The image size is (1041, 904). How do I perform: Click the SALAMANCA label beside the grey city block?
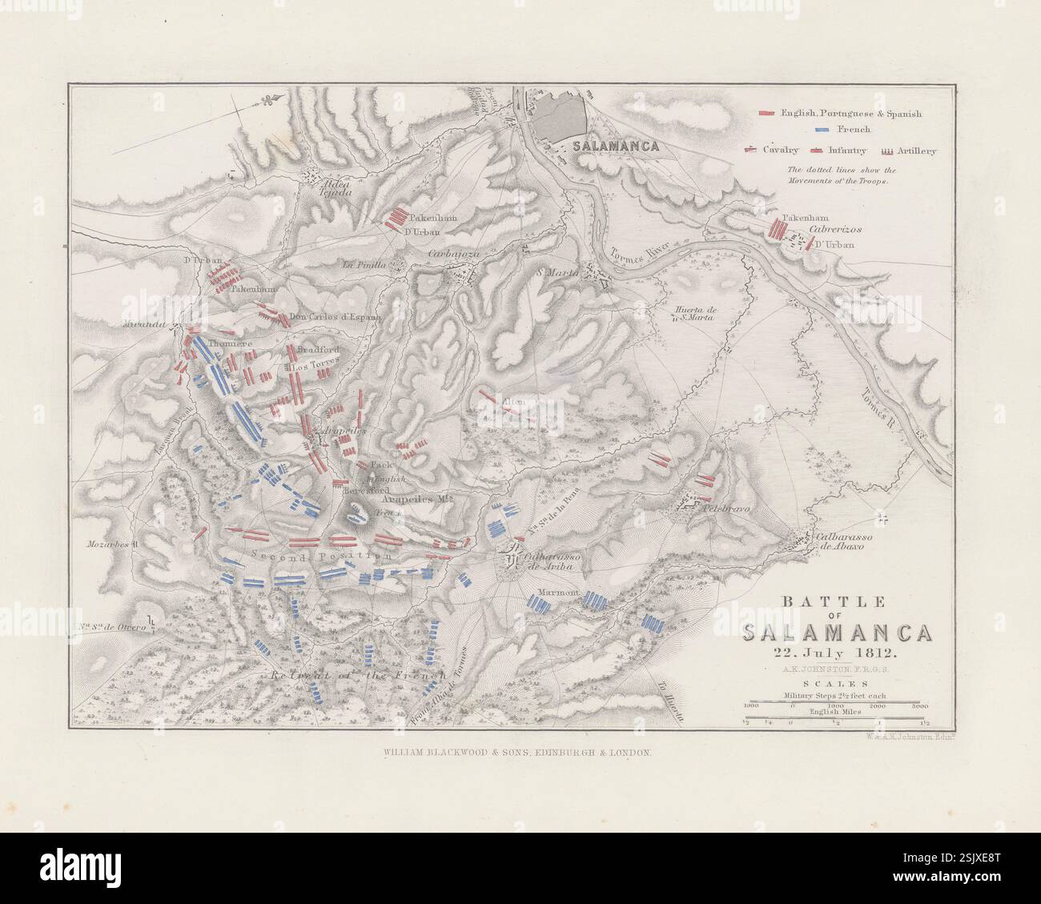pyautogui.click(x=616, y=147)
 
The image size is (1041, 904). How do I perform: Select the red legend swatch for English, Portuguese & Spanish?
pyautogui.click(x=767, y=114)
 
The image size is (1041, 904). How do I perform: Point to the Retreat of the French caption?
pyautogui.click(x=356, y=675)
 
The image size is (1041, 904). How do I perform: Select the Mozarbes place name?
pyautogui.click(x=111, y=544)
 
